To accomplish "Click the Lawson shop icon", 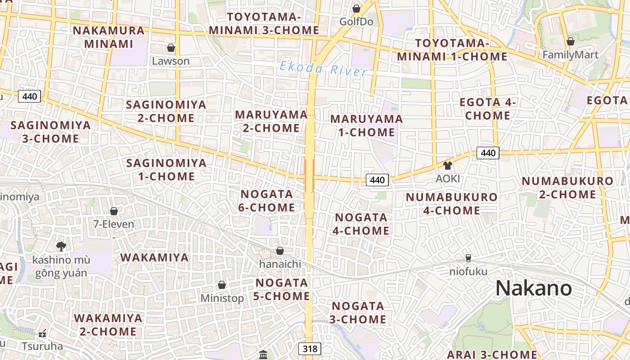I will pos(171,48).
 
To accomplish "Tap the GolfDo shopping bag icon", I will pos(356,9).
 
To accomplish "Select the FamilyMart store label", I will pos(571,55).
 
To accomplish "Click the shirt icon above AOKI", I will pos(447,166).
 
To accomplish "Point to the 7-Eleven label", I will pos(114,224).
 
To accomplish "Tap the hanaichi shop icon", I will pos(280,251).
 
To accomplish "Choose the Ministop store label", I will pos(222,298).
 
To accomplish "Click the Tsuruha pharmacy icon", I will pos(42,334).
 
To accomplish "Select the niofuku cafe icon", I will pos(468,258).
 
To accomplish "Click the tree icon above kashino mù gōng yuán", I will pos(61,246).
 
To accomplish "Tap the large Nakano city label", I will pos(534,288).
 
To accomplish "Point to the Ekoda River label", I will pos(323,69).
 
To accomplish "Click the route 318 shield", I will pos(310,349).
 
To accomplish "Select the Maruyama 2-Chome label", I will pos(271,121).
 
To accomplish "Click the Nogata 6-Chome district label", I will pos(267,201).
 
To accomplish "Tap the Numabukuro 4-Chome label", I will pos(451,203).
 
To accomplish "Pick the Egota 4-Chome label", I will pos(488,109).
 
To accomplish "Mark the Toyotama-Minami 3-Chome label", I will pos(264,23).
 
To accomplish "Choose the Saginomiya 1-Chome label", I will pos(166,169).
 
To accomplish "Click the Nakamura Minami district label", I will pos(109,37).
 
